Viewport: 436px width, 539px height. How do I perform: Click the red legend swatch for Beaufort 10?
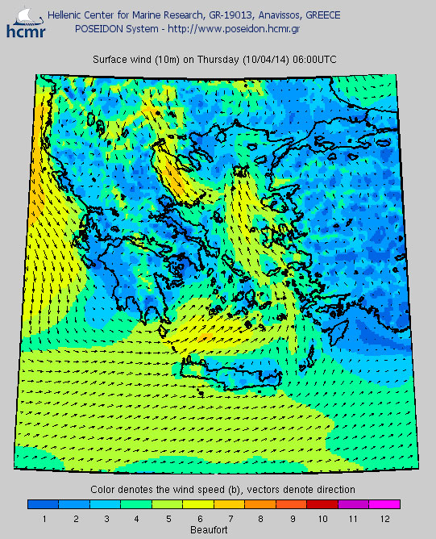322,504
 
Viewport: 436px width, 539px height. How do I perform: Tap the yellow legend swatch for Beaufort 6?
197,504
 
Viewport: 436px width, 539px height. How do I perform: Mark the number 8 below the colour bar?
260,517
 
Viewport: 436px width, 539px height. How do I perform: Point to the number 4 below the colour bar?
135,517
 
